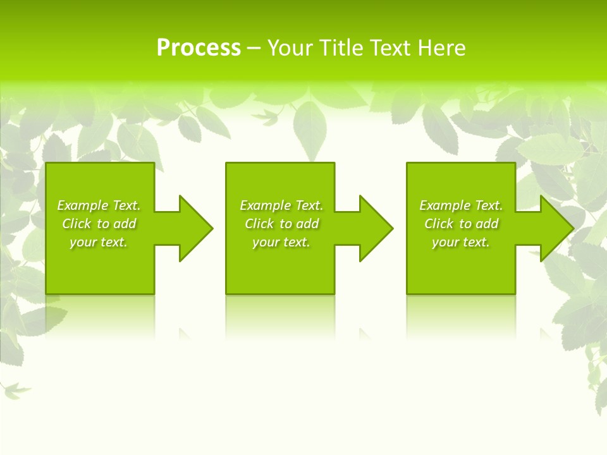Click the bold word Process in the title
pyautogui.click(x=199, y=48)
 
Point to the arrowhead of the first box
pyautogui.click(x=195, y=228)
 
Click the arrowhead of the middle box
pyautogui.click(x=376, y=228)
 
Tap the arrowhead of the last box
pyautogui.click(x=556, y=228)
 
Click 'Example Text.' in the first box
pyautogui.click(x=99, y=205)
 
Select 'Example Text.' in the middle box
pyautogui.click(x=281, y=205)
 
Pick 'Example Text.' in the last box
pyautogui.click(x=461, y=205)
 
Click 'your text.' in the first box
pyautogui.click(x=99, y=242)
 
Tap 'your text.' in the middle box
pyautogui.click(x=281, y=242)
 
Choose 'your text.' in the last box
pyautogui.click(x=461, y=242)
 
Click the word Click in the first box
pyautogui.click(x=77, y=224)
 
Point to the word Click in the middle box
pyautogui.click(x=259, y=224)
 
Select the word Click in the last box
pyautogui.click(x=439, y=224)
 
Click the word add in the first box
pyautogui.click(x=125, y=224)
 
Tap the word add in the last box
pyautogui.click(x=487, y=224)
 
